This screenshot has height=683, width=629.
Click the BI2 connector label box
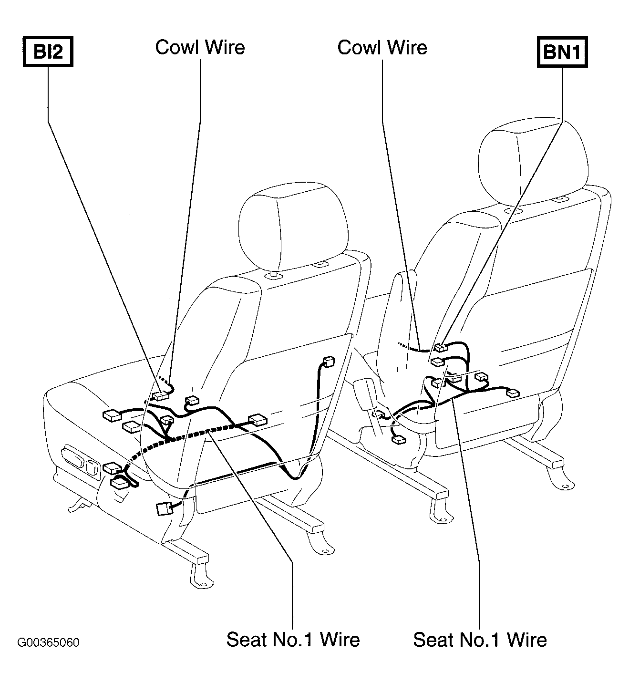[48, 52]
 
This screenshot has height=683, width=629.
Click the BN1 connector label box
[562, 52]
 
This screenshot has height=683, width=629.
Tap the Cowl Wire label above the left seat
[200, 47]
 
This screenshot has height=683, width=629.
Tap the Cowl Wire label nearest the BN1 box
[382, 47]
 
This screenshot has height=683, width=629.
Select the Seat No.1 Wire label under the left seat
[293, 640]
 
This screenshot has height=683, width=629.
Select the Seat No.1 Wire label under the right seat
[480, 640]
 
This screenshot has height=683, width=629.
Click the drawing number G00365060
[48, 642]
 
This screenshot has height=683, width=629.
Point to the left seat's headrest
[294, 228]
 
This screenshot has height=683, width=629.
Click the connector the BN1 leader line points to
[442, 348]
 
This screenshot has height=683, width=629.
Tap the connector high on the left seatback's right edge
[328, 361]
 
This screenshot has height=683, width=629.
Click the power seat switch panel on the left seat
[81, 461]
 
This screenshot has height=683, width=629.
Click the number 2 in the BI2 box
[57, 52]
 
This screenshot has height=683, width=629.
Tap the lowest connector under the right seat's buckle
[399, 440]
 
